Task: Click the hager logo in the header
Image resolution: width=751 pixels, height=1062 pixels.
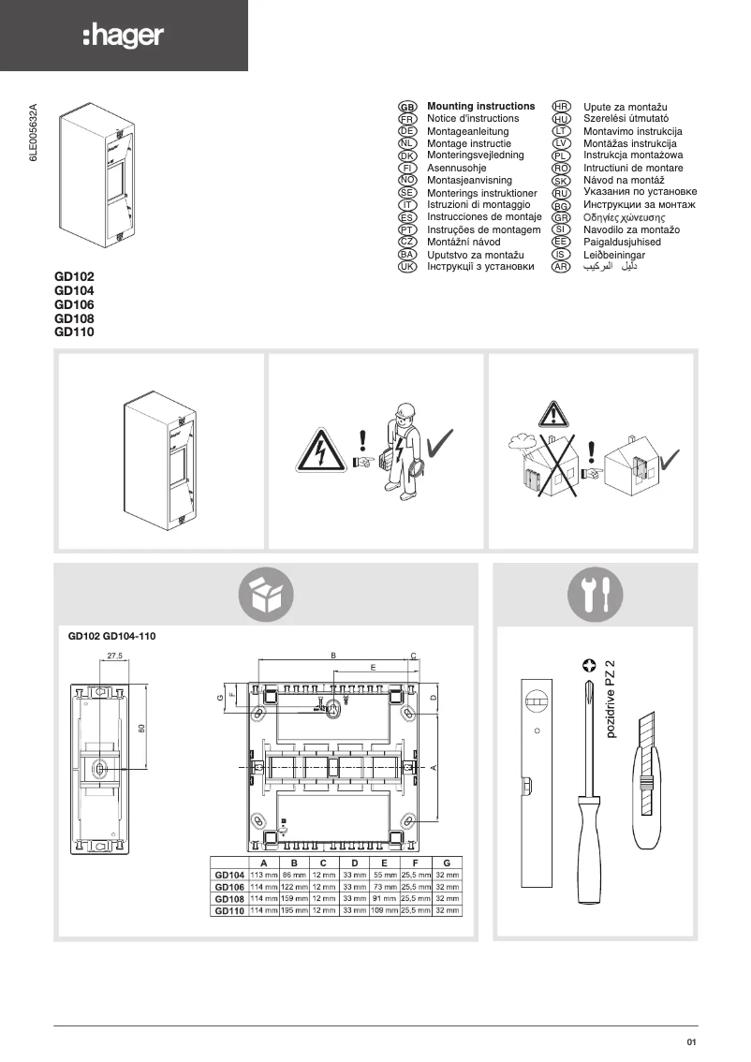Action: click(123, 36)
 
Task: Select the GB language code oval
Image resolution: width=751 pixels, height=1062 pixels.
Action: click(407, 108)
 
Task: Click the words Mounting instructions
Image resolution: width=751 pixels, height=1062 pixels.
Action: click(480, 107)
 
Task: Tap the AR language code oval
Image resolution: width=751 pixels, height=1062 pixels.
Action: click(562, 267)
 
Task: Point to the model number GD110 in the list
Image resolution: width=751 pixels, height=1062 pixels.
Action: click(75, 332)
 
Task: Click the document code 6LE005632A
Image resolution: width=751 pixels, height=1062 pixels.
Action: click(33, 134)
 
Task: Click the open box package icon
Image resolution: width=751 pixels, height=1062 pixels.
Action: click(266, 595)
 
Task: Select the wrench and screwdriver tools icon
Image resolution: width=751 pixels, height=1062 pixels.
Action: click(595, 595)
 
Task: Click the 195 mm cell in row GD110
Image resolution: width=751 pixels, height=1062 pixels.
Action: click(294, 910)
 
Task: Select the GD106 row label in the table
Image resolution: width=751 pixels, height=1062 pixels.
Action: click(229, 886)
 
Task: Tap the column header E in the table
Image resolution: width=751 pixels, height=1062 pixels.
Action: click(385, 862)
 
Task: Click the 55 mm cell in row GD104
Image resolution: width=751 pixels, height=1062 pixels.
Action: click(385, 874)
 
